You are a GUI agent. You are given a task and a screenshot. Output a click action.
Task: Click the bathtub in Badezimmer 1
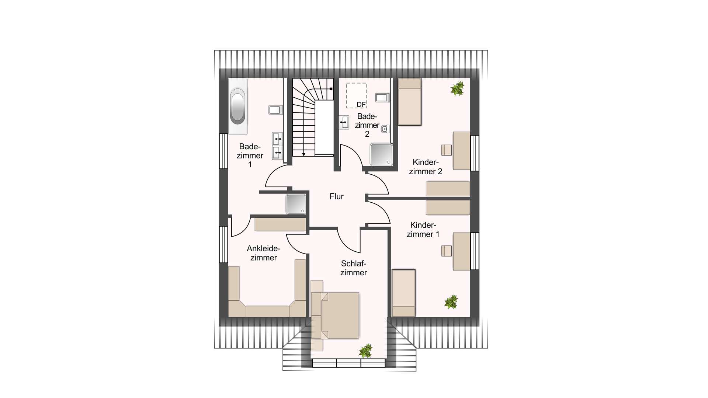click(237, 107)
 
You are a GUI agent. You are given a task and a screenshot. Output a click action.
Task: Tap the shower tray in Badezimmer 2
click(381, 154)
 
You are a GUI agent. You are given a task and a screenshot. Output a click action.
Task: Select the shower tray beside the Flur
click(296, 204)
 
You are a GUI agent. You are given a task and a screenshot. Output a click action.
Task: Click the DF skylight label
click(361, 105)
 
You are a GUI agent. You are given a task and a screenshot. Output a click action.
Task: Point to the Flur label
click(336, 196)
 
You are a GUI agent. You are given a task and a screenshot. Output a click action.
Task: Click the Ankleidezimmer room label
click(264, 253)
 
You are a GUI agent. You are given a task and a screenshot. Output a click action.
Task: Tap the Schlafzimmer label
click(354, 268)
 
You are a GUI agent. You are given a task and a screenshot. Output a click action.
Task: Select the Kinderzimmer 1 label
click(423, 230)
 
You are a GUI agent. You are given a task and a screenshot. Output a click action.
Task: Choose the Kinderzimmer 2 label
click(426, 167)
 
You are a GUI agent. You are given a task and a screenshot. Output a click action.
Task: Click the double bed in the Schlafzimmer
click(335, 315)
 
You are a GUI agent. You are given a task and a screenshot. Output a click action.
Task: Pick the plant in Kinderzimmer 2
click(457, 89)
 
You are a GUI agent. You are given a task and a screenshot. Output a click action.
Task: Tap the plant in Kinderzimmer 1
click(451, 302)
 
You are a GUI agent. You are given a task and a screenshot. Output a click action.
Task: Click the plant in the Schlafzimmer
click(366, 351)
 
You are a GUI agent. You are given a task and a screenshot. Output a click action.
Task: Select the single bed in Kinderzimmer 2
click(410, 102)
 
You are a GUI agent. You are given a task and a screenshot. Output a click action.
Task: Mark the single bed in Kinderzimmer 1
click(404, 293)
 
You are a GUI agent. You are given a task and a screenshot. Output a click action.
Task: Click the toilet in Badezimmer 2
click(382, 98)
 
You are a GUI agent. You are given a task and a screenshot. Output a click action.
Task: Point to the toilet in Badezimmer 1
click(275, 110)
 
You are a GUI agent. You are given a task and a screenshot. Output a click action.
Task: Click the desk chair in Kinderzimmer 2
click(447, 150)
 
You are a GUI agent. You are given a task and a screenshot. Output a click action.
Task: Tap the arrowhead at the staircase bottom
click(303, 154)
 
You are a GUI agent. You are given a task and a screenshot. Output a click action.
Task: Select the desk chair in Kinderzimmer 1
click(447, 251)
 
